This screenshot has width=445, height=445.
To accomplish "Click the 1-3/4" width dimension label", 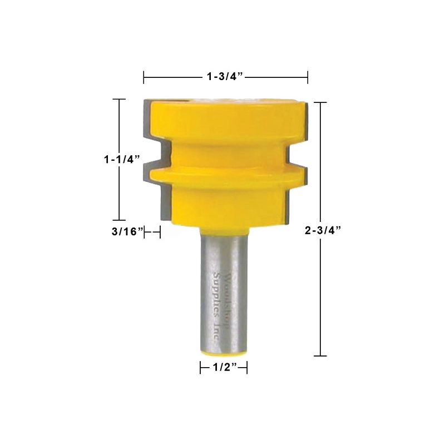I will pos(226,77).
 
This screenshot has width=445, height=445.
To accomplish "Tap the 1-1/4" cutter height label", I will pos(121,159).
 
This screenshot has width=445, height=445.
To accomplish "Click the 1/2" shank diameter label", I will pos(223,368).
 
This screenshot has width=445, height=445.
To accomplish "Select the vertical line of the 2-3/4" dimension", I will pos(319,167).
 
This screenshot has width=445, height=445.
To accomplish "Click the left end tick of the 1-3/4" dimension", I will pos(144,77).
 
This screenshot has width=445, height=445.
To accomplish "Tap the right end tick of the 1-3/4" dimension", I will pos(308,77).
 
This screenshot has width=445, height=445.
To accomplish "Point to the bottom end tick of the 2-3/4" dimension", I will pos(319,355).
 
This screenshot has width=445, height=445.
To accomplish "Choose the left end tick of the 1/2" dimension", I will pos(200,368).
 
